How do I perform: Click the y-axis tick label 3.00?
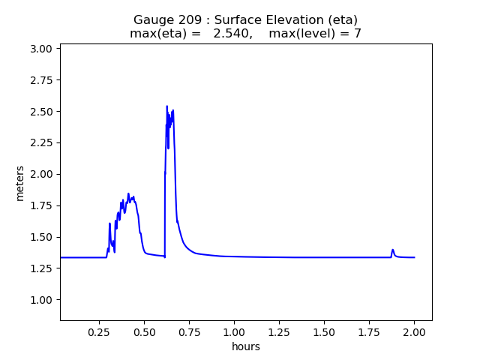point(42,49)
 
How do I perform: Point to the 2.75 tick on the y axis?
point(42,80)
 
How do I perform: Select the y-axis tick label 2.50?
point(42,112)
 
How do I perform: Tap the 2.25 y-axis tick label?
point(42,143)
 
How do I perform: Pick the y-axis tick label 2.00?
point(42,174)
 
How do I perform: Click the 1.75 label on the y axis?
point(42,205)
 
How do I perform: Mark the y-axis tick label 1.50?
point(42,237)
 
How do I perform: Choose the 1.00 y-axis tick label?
point(42,300)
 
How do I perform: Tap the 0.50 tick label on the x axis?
point(144,331)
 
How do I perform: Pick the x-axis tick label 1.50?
point(324,331)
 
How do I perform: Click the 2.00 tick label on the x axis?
point(414,331)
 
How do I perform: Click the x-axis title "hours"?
point(246,346)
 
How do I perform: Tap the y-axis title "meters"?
point(20,183)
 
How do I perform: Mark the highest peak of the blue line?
point(166,106)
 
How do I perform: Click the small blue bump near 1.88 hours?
point(392,250)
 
